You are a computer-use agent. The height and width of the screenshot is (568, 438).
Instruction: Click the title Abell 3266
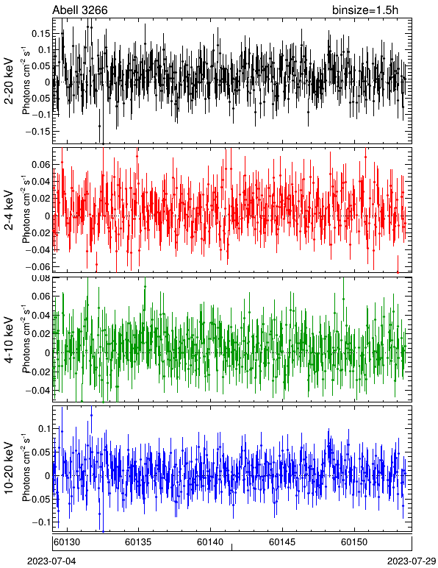(80, 10)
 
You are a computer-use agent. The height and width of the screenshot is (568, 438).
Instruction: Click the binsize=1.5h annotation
(365, 10)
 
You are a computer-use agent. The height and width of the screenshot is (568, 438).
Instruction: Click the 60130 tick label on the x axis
(66, 542)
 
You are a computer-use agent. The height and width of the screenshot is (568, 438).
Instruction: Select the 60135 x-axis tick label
(138, 542)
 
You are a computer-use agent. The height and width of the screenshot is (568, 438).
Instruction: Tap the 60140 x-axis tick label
(210, 542)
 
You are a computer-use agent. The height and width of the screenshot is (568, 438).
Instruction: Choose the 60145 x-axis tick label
(282, 542)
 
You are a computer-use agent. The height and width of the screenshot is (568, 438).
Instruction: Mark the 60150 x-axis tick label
(353, 542)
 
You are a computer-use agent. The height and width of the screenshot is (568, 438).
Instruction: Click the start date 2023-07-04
(51, 561)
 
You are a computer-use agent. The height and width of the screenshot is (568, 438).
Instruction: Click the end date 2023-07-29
(412, 561)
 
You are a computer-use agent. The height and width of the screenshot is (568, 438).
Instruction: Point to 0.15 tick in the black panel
(40, 34)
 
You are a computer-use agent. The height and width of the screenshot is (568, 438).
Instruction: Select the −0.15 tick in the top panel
(37, 131)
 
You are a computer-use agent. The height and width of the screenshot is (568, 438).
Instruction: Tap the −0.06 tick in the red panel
(37, 266)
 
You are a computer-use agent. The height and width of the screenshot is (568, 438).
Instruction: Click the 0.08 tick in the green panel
(40, 279)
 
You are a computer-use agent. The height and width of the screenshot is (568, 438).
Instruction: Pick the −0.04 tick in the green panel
(37, 391)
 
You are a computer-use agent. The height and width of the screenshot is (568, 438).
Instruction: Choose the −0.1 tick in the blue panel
(41, 522)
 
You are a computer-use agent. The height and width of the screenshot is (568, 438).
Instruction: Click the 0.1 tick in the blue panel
(44, 429)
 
